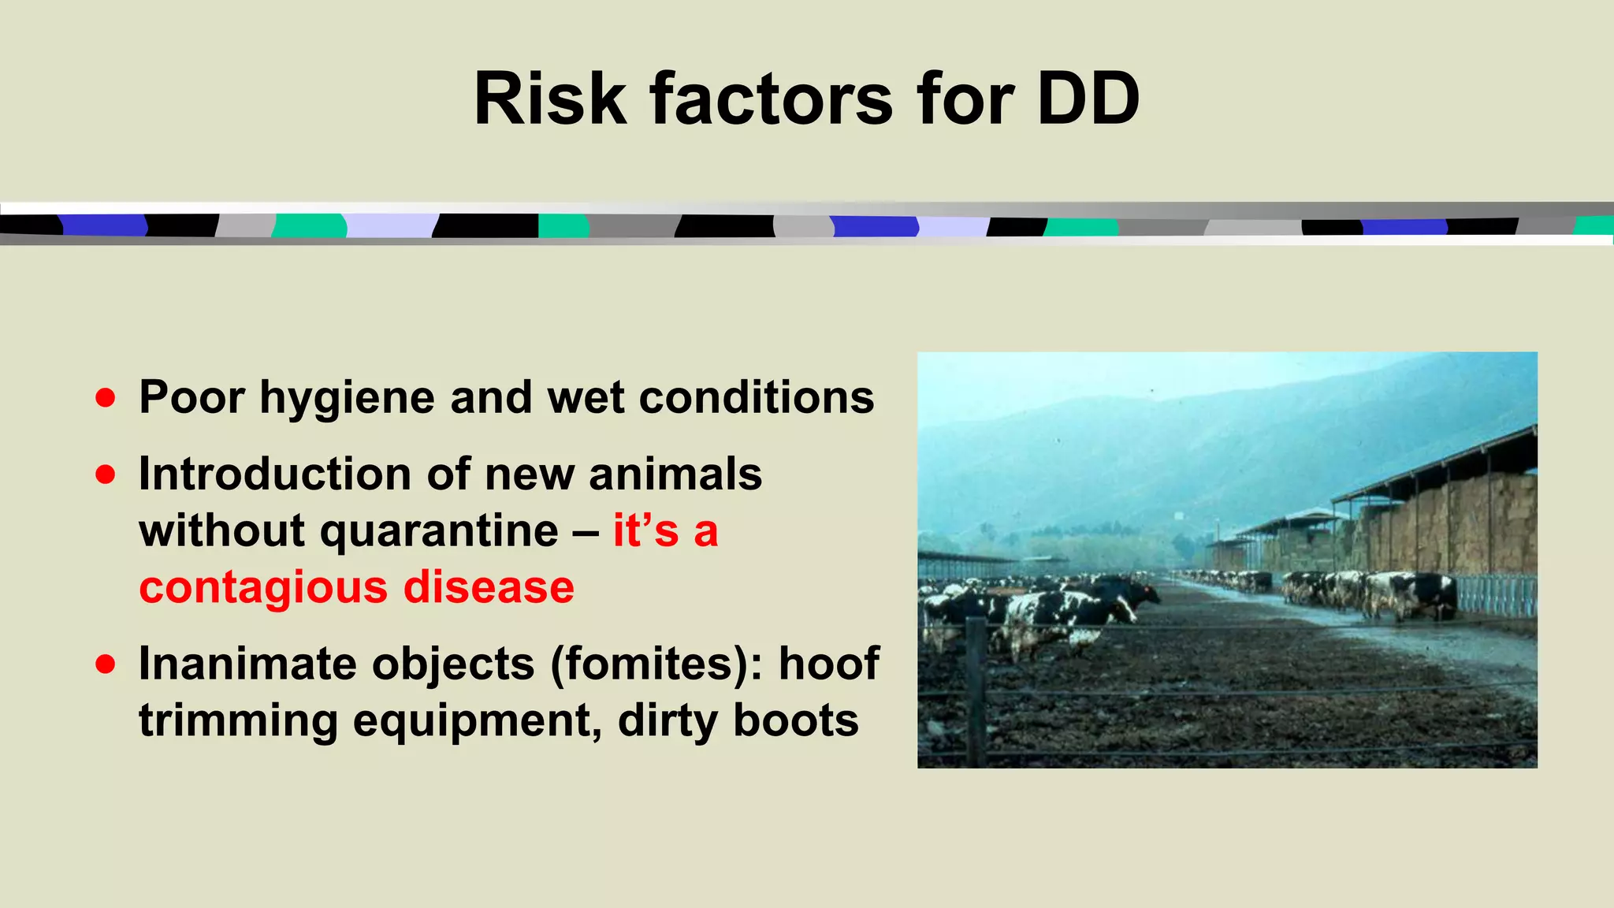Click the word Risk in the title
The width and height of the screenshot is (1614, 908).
tap(549, 100)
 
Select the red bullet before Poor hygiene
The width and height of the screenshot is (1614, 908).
tap(106, 397)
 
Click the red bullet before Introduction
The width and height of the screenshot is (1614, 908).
tap(106, 474)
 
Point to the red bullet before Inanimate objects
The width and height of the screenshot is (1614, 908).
tap(106, 664)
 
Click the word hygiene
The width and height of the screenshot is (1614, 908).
tap(347, 399)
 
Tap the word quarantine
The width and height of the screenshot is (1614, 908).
tap(439, 531)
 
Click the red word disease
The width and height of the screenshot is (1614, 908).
tap(489, 587)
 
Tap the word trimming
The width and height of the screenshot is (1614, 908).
tap(238, 721)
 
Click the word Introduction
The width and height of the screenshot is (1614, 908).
tap(275, 474)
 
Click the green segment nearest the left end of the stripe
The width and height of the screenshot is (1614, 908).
tap(310, 226)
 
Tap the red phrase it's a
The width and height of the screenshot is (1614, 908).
tap(665, 530)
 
